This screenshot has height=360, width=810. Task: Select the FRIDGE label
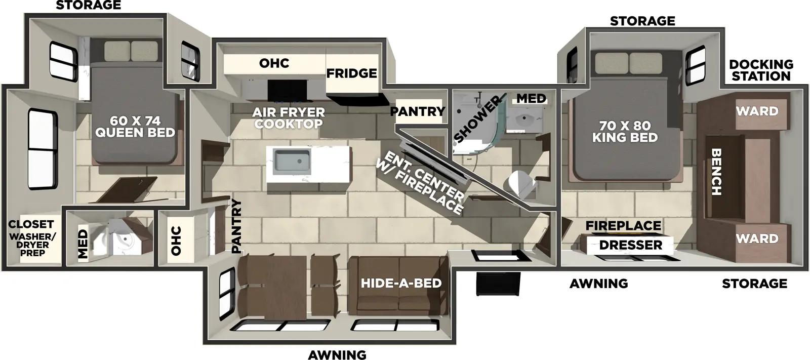point(351,73)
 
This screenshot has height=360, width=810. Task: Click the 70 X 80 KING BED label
point(625,131)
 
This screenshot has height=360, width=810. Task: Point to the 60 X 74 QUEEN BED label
point(135,127)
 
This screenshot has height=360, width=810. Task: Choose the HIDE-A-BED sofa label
point(401,283)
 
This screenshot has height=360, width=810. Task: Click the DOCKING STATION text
point(761,70)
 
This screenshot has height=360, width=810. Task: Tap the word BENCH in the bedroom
point(716,172)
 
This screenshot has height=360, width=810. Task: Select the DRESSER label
point(631,245)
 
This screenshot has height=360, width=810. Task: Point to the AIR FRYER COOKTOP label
point(289,118)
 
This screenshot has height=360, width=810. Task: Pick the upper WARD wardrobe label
point(757,111)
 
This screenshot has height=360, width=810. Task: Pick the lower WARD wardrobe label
point(757,238)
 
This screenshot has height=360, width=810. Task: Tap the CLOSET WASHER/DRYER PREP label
point(32,237)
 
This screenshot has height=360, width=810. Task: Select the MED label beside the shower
point(531,98)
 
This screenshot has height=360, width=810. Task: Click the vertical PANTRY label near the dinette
point(236,226)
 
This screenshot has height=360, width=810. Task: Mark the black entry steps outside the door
point(499,284)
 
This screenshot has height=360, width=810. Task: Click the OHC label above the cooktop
point(274,63)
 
